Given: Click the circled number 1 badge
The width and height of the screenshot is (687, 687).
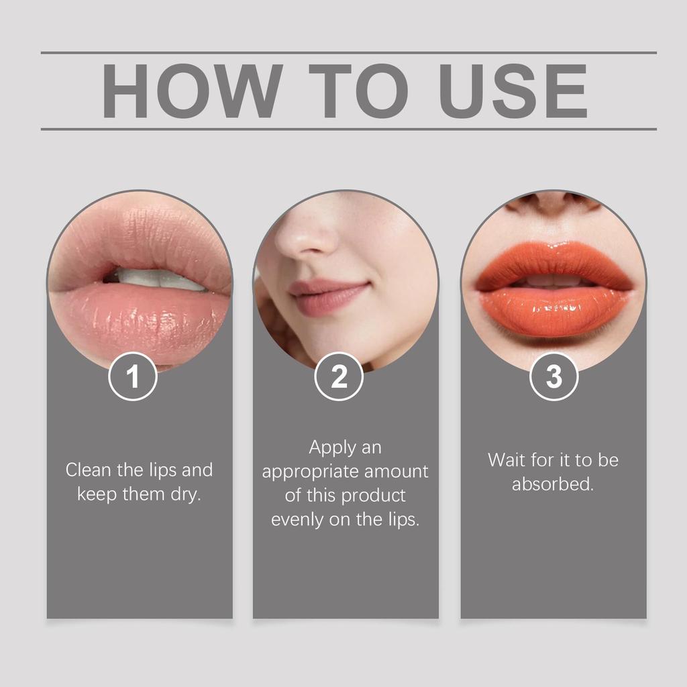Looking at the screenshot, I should (x=133, y=377).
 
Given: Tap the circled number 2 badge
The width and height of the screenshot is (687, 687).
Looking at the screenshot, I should (x=339, y=377).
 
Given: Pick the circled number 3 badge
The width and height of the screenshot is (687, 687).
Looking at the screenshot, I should (x=553, y=377).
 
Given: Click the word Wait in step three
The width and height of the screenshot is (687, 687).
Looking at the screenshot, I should (x=505, y=460).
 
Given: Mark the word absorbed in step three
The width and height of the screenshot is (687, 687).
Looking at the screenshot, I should (x=552, y=484).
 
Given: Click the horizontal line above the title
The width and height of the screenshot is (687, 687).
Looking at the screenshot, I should (x=348, y=52).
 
